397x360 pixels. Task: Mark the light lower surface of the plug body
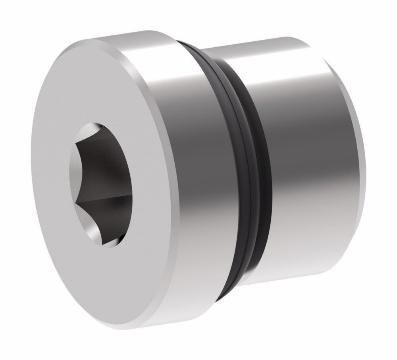pyautogui.click(x=294, y=254)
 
